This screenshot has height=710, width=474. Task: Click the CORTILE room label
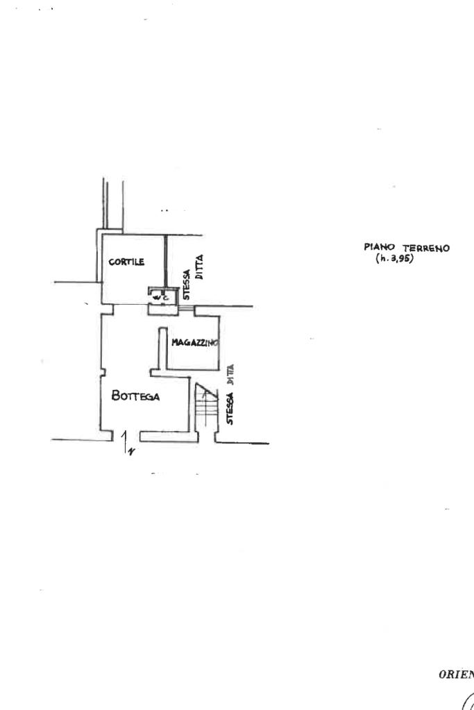(x=126, y=262)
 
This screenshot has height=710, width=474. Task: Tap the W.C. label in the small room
(x=162, y=297)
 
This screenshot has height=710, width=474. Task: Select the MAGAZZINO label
(x=196, y=343)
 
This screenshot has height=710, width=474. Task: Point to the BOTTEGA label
(x=136, y=396)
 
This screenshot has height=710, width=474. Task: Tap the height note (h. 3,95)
(x=393, y=258)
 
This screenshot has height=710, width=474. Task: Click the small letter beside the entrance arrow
(x=130, y=452)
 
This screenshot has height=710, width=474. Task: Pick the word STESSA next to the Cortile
(x=187, y=285)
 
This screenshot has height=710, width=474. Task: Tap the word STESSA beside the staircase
(x=230, y=408)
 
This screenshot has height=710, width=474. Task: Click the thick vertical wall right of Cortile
(x=166, y=260)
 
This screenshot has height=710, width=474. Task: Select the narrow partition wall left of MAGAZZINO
(x=160, y=347)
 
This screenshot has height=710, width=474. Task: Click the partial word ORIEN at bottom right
(x=456, y=673)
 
